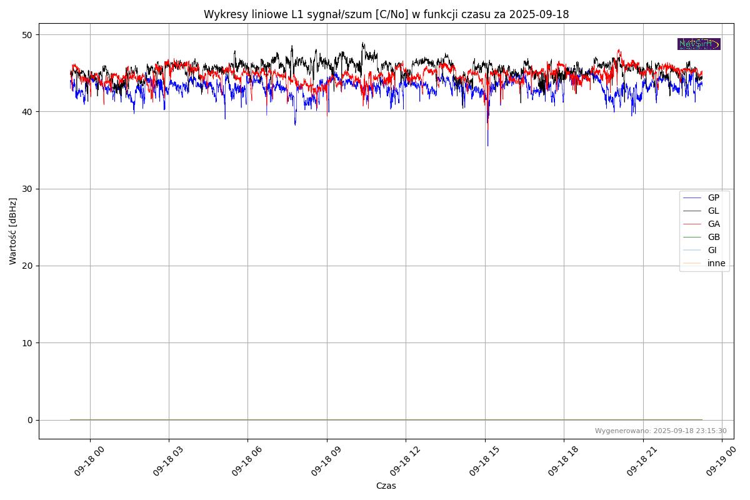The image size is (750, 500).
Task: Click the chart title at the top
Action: tap(386, 14)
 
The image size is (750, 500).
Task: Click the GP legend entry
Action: tap(713, 197)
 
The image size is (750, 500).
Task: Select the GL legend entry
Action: tap(713, 211)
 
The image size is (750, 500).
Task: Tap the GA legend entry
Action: tap(713, 224)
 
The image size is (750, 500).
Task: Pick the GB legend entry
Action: tap(713, 237)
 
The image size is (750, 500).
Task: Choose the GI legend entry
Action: tap(712, 250)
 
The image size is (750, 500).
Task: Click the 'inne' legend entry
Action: tap(716, 263)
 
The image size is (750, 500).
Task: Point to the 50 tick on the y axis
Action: tap(28, 34)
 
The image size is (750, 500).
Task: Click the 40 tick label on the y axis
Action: tap(28, 112)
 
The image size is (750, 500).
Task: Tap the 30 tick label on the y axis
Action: tap(28, 189)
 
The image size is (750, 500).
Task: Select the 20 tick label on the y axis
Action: tap(28, 266)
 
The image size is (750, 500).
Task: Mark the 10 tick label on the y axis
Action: tap(28, 342)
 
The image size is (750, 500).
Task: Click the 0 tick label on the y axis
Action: tap(30, 420)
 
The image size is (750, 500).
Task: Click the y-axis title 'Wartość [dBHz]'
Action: tap(13, 231)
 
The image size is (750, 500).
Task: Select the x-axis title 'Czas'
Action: tap(386, 486)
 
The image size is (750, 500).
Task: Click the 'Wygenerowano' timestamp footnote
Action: tap(660, 431)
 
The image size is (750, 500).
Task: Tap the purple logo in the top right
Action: tap(699, 44)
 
